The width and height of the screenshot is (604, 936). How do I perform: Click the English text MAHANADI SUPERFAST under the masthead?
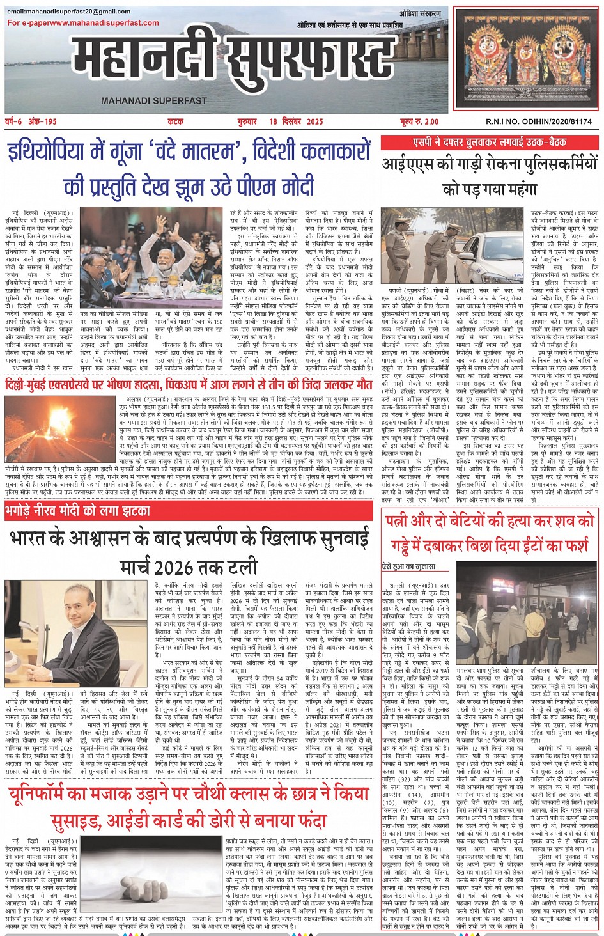153,100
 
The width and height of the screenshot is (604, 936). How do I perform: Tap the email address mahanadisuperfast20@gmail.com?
69,12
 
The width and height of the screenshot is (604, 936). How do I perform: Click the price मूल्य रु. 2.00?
419,121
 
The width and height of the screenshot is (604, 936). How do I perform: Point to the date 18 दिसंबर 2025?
297,121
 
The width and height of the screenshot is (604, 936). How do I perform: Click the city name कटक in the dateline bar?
175,121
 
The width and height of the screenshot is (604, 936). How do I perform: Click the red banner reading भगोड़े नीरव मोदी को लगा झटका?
78,511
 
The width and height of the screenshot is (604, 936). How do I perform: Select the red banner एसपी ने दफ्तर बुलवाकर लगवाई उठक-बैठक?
489,142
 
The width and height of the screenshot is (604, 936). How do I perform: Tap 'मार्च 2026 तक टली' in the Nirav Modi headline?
189,566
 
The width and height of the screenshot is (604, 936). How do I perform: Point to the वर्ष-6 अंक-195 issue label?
31,121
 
